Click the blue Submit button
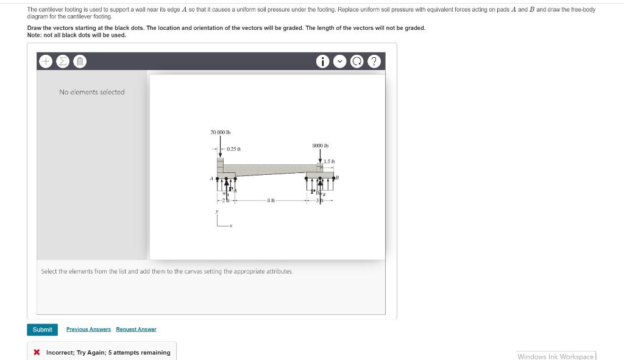42,330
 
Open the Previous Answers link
88,330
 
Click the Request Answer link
136,330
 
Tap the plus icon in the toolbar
46,62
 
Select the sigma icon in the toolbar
63,62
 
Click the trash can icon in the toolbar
80,62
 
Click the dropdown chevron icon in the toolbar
341,62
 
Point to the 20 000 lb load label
220,132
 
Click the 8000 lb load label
320,146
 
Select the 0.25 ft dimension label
233,149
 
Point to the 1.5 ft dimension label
329,161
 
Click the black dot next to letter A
218,179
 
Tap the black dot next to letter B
333,179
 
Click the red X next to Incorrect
37,353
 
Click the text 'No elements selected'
91,92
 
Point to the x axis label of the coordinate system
230,226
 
